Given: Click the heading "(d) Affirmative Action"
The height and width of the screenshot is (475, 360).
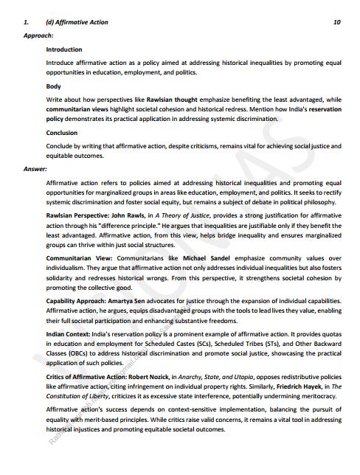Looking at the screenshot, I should [77, 22].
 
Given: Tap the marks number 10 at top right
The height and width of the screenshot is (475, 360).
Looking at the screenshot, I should [336, 22].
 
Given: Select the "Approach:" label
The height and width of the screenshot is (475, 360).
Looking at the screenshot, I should [38, 35].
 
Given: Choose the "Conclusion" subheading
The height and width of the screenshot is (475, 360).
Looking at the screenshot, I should [62, 133].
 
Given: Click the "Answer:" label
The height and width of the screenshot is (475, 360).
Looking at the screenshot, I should [35, 168].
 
